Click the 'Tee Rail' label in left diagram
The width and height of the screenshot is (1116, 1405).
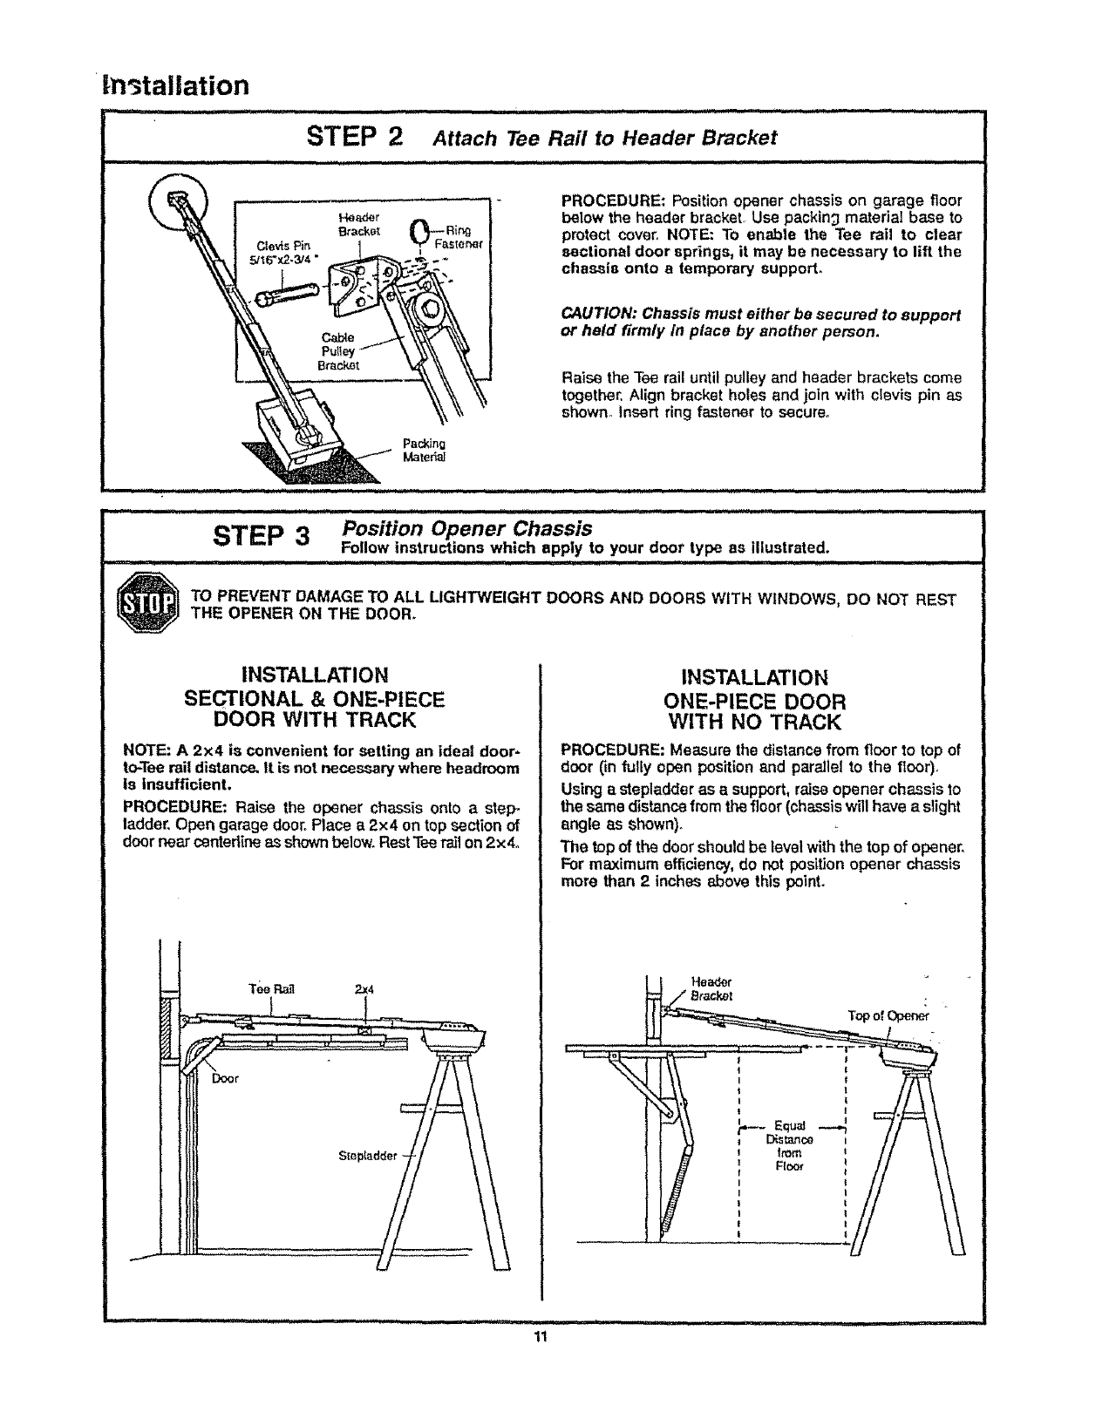coord(272,989)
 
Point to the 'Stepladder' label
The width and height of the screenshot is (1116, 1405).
coord(367,1157)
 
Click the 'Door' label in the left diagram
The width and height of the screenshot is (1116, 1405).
coord(225,1078)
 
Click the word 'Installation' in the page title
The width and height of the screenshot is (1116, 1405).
coord(175,85)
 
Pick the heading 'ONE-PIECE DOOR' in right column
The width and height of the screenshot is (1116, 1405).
coord(754,700)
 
